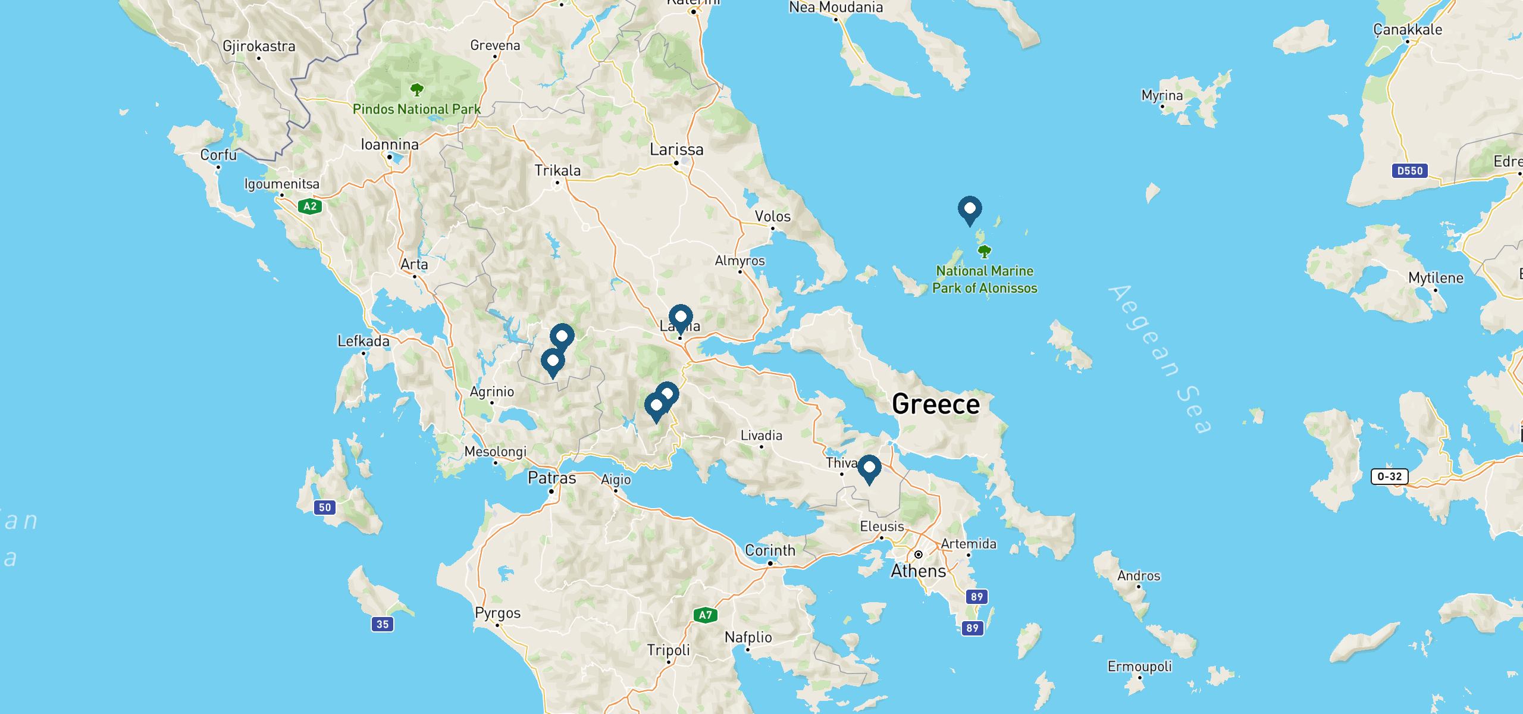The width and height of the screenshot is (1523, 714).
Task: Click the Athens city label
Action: coord(918,571)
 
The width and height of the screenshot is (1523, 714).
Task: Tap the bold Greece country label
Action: coord(936,405)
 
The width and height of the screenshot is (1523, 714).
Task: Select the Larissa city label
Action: coord(676,149)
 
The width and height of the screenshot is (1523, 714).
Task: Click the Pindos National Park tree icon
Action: coord(417,90)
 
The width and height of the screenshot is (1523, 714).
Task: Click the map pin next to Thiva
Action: coord(869,468)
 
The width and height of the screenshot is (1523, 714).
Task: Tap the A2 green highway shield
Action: coord(310,206)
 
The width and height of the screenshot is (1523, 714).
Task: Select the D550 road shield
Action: coord(1410,171)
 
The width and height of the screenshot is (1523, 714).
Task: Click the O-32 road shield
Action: coord(1389,476)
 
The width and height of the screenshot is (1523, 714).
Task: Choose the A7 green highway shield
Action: coord(706,615)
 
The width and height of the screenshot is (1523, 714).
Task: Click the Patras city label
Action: coord(551,478)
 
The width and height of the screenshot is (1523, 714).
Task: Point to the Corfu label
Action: coord(218,155)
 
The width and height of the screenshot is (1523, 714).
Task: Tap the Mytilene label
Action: coord(1436,278)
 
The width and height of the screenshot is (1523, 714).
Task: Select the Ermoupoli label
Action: coord(1139,666)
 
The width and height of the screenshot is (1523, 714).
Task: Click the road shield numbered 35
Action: coord(383,624)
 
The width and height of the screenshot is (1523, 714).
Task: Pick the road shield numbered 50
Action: coord(325,508)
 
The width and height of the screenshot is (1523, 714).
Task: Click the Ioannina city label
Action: coord(390,145)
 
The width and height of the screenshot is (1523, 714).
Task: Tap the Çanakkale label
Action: coord(1408,30)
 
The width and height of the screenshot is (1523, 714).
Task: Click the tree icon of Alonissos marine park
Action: coord(985,252)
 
